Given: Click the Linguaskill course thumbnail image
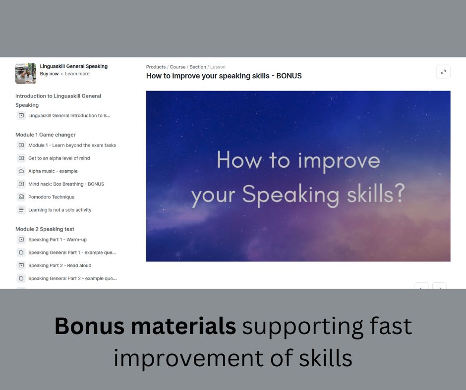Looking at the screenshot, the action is (26, 73).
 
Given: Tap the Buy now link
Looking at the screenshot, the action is (50, 74).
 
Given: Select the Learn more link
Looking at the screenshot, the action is (77, 74).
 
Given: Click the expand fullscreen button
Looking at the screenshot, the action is (443, 72).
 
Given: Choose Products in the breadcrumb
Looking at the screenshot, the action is (156, 67).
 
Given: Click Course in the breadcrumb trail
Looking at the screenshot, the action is (177, 67).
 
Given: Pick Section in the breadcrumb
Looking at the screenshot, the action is (198, 67).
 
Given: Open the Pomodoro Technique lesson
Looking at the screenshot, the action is (52, 197).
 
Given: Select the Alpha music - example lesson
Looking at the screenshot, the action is (53, 171).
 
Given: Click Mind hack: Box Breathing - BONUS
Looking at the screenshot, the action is (66, 184).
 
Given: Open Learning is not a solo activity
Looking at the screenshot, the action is (59, 210).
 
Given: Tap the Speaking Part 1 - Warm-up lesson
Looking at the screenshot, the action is (58, 240).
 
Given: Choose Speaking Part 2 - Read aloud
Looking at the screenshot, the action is (59, 265).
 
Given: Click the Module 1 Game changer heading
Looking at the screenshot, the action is (46, 135).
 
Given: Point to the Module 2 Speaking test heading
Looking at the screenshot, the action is (45, 229).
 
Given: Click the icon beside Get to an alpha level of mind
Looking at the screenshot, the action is (21, 158).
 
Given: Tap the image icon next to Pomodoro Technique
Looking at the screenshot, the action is (21, 197).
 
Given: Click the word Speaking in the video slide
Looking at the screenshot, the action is (291, 195).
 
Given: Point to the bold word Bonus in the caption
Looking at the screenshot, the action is (89, 326).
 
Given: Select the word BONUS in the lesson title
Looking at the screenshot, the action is (289, 76).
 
